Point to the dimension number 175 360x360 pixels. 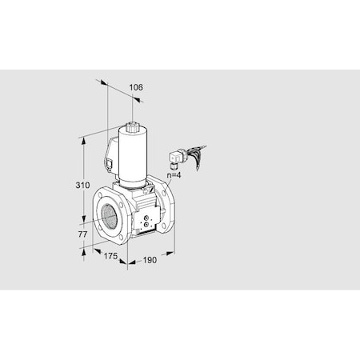click(111, 255)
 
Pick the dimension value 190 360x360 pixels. click(150, 260)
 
